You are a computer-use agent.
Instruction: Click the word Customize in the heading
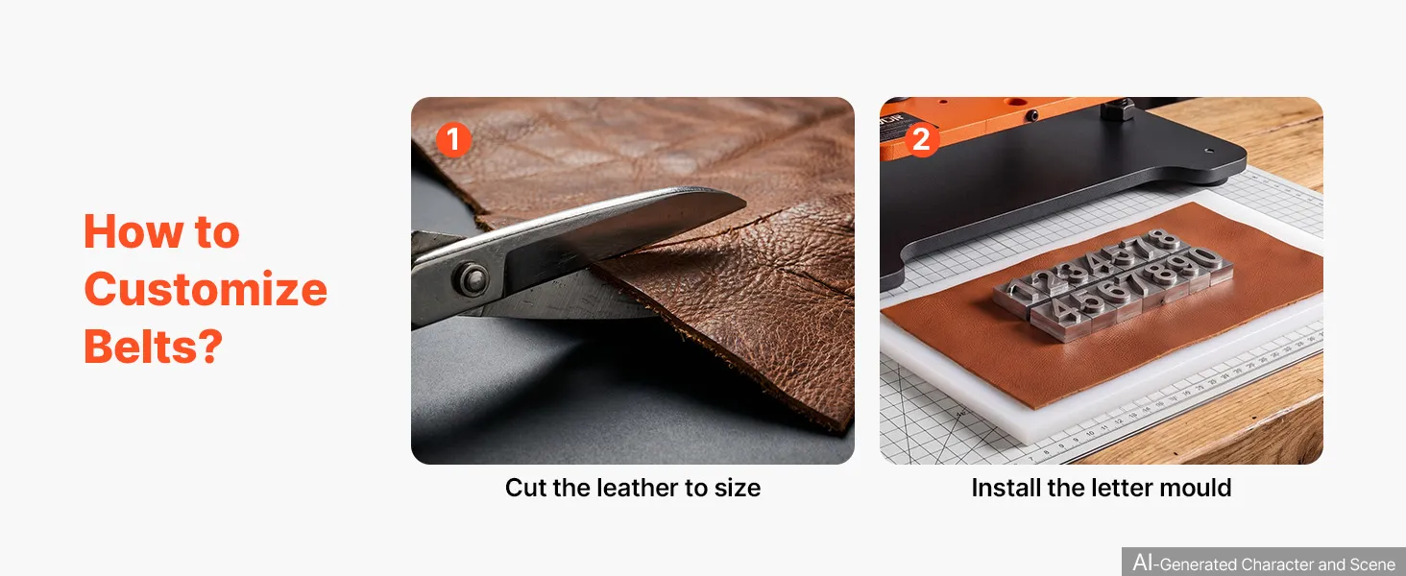tap(206, 289)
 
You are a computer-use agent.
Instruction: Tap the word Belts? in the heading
tap(154, 346)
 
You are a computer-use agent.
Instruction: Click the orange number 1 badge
tap(453, 139)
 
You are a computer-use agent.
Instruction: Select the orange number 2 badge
tap(921, 139)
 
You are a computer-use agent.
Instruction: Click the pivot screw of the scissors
tap(472, 278)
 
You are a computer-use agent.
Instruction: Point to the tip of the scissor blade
tap(745, 204)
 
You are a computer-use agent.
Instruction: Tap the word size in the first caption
tap(738, 488)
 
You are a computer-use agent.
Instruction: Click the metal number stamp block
tap(1113, 285)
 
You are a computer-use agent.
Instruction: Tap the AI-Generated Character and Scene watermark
tap(1264, 563)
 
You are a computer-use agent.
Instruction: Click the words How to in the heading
tap(162, 231)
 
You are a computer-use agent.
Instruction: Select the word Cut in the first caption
tap(525, 488)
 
